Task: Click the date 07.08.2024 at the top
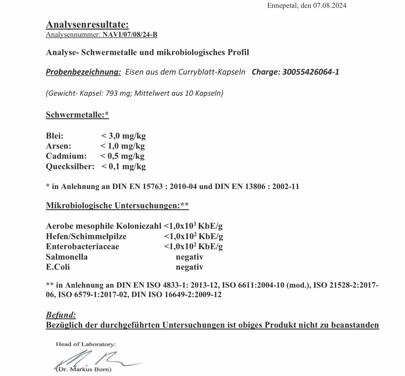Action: tap(330, 5)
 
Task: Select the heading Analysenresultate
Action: tap(87, 24)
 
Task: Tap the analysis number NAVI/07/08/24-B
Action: tap(130, 34)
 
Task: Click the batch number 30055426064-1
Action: tap(311, 72)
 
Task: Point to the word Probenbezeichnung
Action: tap(83, 72)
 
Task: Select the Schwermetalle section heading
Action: tap(77, 115)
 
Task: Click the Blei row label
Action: tap(55, 136)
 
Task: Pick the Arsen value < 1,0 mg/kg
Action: tap(122, 146)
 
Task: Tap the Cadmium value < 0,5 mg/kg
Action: tap(122, 156)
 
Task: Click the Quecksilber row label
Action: tap(70, 166)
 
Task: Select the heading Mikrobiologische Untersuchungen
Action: tap(117, 205)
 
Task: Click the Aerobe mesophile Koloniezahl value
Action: tap(193, 226)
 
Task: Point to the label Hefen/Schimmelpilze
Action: tap(86, 236)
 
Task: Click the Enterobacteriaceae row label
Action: tap(83, 246)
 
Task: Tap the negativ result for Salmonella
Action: tap(190, 257)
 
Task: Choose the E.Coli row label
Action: tap(58, 267)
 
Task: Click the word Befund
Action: tap(61, 315)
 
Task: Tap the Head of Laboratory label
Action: tap(86, 344)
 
